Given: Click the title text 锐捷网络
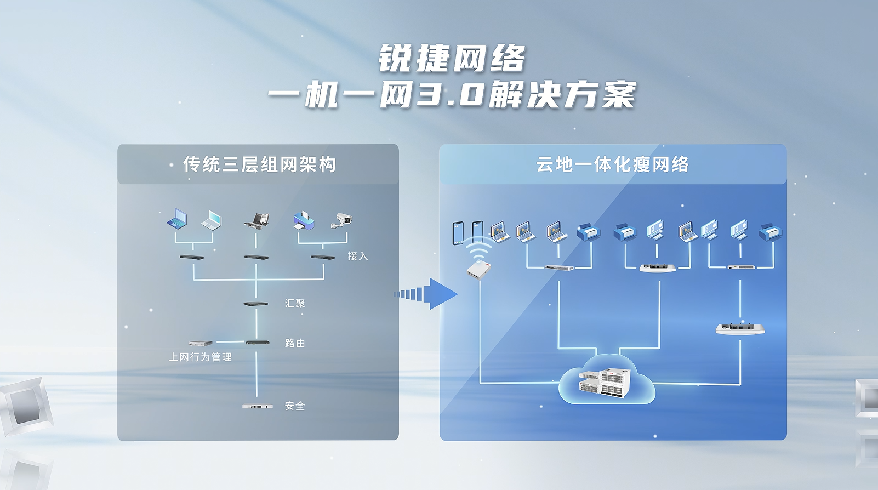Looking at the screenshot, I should coord(452,59).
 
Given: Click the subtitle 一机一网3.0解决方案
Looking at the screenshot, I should coord(452,95).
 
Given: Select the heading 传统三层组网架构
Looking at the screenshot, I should coord(259,164).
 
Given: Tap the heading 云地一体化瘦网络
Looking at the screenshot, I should coord(612,164).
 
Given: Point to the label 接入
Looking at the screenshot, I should coord(357,256).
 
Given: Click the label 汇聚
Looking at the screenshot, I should coord(295,303).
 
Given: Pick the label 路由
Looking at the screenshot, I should coord(295,343).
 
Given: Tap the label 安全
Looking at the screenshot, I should coord(295,406).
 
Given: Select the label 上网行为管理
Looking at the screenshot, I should coord(200,357).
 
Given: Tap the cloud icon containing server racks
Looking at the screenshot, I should coord(607,380).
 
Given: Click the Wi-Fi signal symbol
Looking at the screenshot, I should coord(478,249).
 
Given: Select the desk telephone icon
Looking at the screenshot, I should coord(256,220).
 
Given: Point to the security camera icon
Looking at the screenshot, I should coord(341,220).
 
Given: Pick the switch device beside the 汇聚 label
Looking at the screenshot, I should coord(256,304).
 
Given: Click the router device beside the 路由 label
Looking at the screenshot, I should coord(257,343).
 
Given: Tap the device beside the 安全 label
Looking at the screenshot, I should coord(257,406).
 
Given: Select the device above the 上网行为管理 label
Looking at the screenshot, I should coord(200,343).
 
